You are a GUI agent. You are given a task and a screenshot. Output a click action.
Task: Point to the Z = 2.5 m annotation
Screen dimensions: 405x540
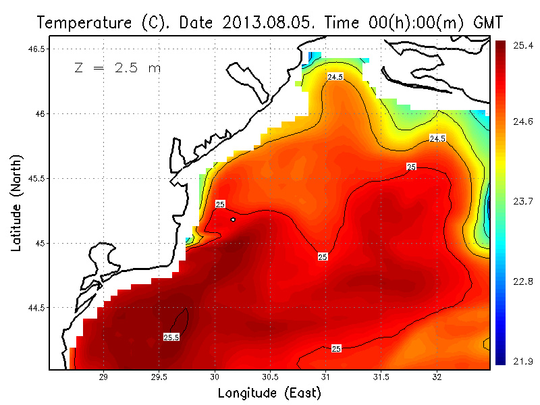[117, 68]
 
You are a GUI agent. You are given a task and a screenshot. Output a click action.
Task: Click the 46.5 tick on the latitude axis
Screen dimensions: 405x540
[37, 49]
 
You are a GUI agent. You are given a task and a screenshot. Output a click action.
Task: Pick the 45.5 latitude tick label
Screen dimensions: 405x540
[37, 178]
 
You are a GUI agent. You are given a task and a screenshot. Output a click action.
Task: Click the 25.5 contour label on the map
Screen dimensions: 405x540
[171, 337]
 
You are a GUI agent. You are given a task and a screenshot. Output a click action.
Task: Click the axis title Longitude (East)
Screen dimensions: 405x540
[269, 392]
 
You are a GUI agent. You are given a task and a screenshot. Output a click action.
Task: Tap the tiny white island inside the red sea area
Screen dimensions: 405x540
[233, 219]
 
